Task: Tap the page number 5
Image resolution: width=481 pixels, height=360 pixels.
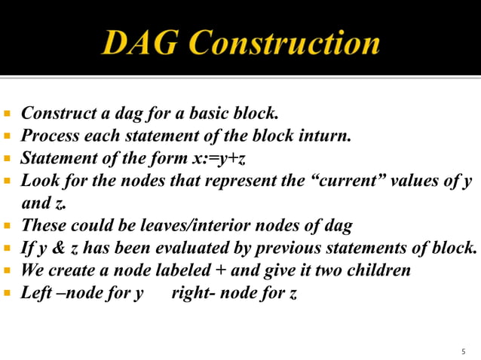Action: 463,352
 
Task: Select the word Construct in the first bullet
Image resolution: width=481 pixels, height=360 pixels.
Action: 57,114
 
